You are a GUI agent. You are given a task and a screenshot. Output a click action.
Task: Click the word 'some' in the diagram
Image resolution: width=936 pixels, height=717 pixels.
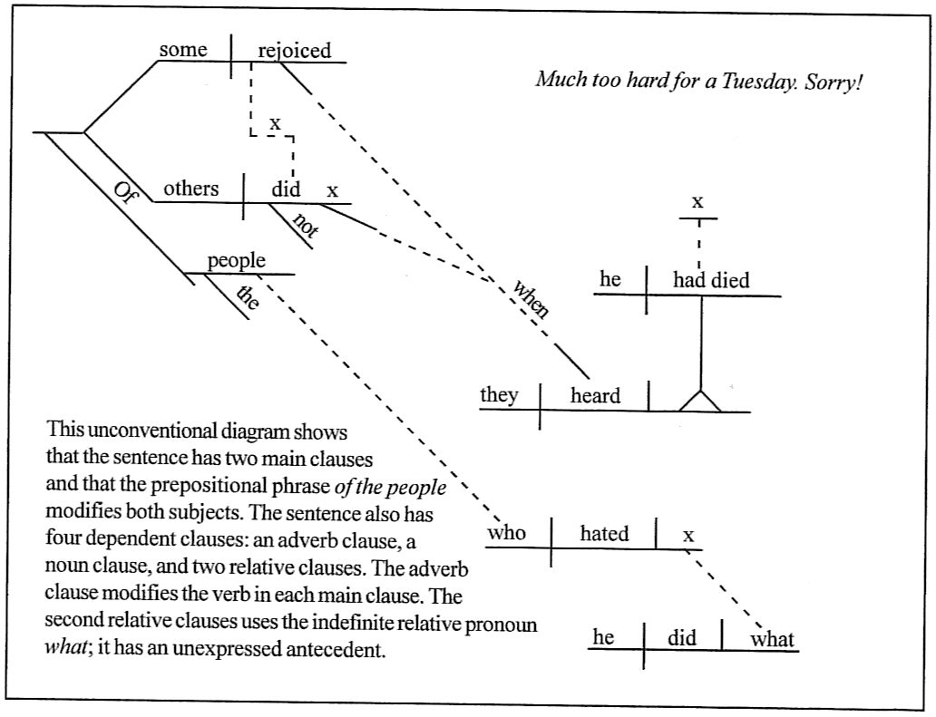tap(182, 50)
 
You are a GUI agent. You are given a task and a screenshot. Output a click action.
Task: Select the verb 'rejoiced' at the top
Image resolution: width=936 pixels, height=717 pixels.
tap(295, 51)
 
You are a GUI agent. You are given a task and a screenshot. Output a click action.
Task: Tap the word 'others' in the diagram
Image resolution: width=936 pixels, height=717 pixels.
tap(190, 189)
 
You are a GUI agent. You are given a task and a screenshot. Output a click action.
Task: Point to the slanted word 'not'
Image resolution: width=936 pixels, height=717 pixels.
tap(307, 227)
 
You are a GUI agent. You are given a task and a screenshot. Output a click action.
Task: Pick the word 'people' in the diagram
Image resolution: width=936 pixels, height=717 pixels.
tap(236, 261)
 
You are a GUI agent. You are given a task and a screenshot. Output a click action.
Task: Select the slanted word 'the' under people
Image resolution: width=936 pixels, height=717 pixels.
tap(248, 296)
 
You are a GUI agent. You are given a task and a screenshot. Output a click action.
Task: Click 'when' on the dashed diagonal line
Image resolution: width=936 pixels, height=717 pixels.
tap(531, 298)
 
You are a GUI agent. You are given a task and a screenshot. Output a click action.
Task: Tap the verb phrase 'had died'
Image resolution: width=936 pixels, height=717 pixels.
tap(711, 280)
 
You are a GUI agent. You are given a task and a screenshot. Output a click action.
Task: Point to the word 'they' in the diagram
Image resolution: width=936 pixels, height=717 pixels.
tap(499, 395)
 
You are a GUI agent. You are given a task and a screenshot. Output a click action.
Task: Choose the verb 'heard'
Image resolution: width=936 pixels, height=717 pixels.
tap(595, 396)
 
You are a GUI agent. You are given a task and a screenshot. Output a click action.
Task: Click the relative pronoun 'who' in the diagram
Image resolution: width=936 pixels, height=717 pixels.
tap(506, 533)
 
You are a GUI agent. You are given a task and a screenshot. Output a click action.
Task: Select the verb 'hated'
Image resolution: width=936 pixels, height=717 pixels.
tap(604, 534)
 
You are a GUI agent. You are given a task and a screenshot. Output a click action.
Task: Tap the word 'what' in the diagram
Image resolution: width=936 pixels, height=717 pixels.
tap(773, 639)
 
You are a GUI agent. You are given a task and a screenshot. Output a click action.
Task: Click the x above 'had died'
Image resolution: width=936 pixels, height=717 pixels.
tap(697, 202)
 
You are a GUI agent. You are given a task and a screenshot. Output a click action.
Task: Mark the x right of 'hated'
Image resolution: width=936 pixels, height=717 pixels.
tap(688, 536)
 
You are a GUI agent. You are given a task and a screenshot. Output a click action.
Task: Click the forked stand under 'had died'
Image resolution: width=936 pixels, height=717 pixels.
tap(701, 398)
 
